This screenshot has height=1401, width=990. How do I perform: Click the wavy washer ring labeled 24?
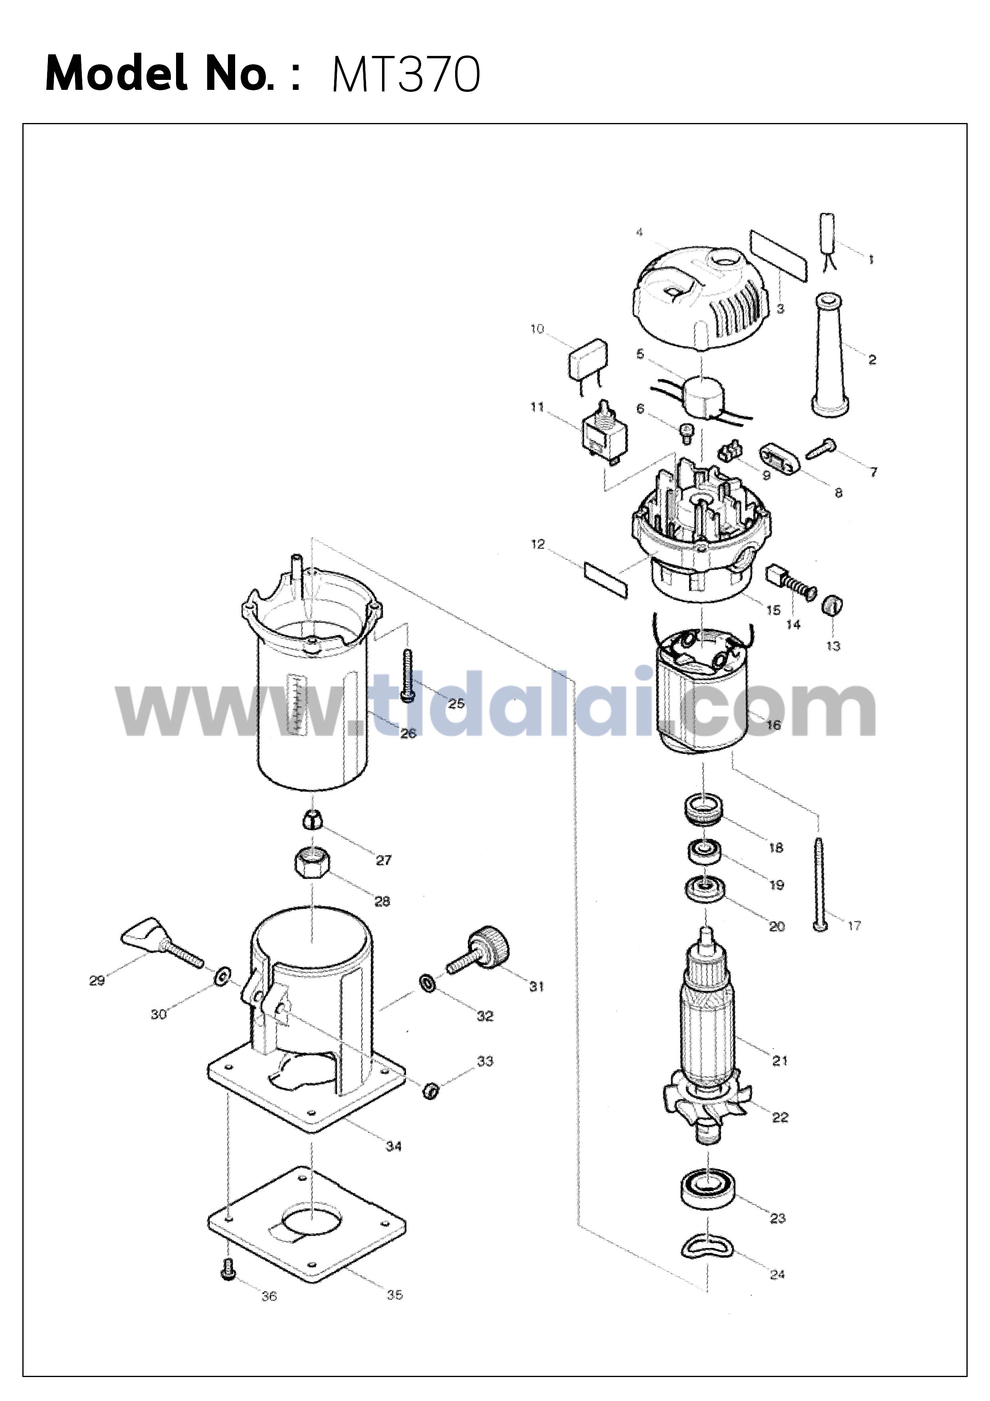[x=708, y=1245]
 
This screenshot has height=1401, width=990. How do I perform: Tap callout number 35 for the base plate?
[x=395, y=1295]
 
